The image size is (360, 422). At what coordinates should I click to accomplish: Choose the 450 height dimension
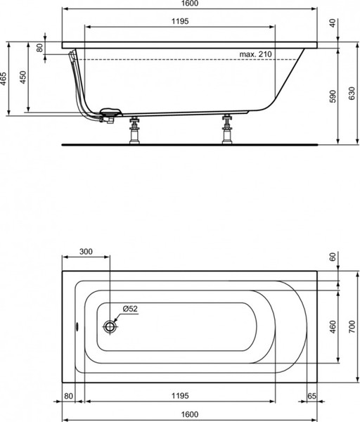[24, 77]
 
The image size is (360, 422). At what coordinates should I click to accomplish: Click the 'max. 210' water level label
[255, 54]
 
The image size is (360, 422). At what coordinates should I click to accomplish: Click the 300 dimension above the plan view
[86, 252]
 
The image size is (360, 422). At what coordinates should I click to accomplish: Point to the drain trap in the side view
[110, 114]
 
